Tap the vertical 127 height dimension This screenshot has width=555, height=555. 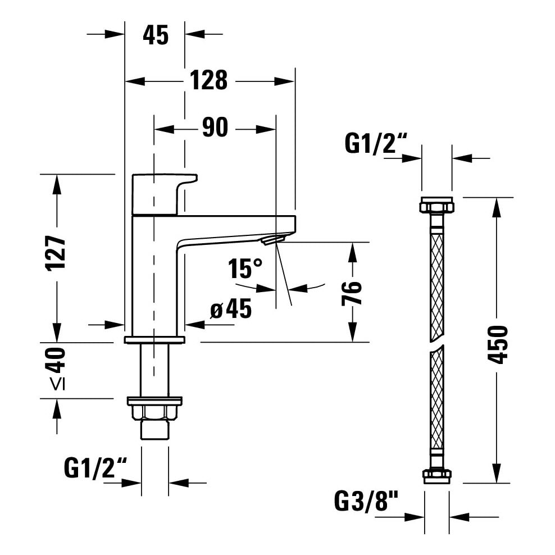tap(56, 252)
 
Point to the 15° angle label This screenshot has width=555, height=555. tap(245, 269)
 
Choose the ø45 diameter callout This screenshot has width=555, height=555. tap(230, 309)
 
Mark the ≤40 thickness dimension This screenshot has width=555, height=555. tap(56, 369)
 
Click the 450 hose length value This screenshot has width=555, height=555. tap(498, 344)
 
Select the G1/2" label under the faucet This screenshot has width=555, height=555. tap(96, 467)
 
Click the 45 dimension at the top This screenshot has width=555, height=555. tap(155, 35)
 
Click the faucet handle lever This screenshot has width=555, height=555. tap(163, 193)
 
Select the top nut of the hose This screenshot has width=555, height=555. tap(436, 205)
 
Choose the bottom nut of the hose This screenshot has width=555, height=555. tap(436, 475)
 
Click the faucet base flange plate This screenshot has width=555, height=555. tap(154, 339)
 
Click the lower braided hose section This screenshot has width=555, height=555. tap(436, 399)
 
